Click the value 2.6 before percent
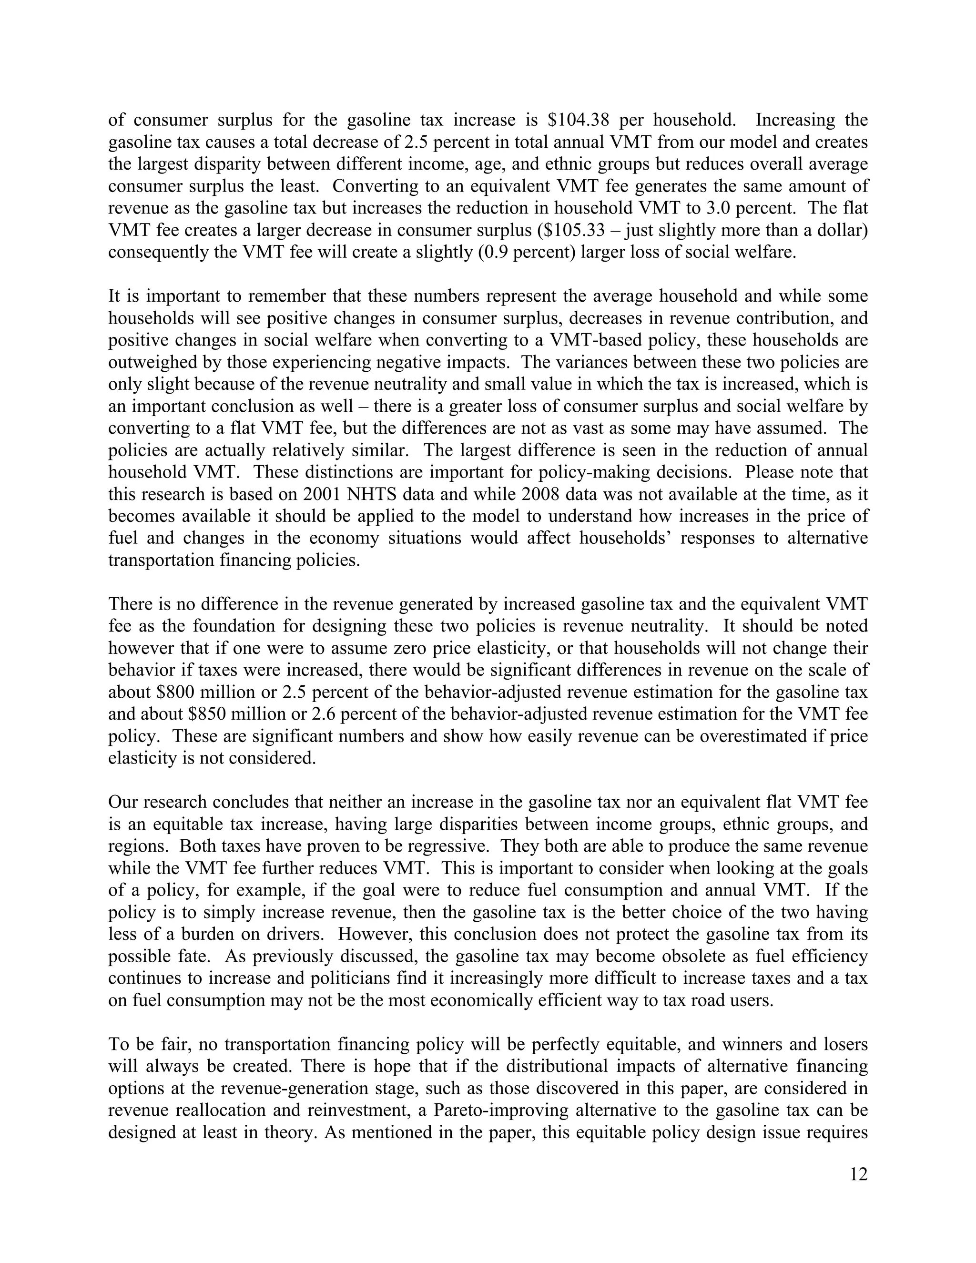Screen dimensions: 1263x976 (x=324, y=714)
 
